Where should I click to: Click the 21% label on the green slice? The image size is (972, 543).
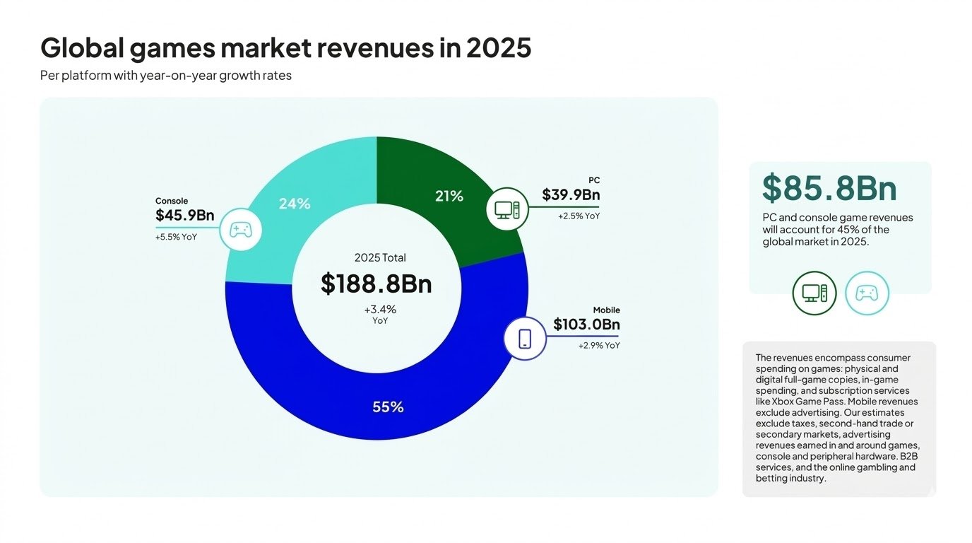(449, 197)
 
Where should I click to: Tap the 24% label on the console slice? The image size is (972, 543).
(294, 204)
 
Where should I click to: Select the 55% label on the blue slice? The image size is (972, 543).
(388, 407)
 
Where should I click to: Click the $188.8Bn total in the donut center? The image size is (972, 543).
(376, 284)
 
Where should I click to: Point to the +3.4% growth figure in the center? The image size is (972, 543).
(380, 309)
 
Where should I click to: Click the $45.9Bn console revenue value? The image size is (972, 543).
(184, 216)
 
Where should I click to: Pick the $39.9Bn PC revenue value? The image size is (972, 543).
(571, 194)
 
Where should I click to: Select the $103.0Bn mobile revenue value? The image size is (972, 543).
(586, 325)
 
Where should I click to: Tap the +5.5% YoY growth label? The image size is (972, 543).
(176, 238)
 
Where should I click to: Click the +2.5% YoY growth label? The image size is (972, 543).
(579, 216)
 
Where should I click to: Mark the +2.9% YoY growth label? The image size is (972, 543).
(599, 346)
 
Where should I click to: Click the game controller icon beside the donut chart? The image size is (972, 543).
(241, 230)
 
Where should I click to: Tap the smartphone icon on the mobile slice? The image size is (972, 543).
(525, 339)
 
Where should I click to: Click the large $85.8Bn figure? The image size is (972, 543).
(829, 188)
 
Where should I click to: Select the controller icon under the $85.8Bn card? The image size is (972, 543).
(867, 293)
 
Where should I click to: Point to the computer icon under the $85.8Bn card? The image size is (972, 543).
(814, 293)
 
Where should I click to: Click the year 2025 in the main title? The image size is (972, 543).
(498, 48)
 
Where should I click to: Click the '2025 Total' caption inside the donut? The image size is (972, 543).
(380, 258)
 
